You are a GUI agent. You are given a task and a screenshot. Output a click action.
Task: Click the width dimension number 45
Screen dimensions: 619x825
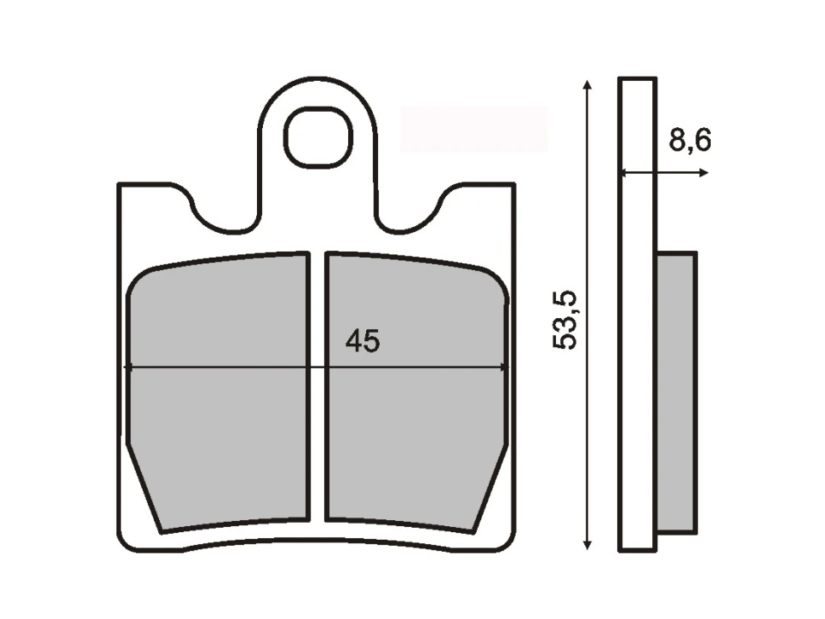[362, 341]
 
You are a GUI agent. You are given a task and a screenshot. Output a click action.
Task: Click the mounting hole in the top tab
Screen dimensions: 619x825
[319, 138]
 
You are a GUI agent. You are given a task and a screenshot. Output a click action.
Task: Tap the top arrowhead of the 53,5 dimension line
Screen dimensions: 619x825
[587, 84]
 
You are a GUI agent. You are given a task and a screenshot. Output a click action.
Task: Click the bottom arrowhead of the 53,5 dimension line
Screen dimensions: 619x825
[587, 543]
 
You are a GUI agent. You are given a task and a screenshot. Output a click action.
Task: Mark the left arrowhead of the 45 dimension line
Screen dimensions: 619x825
[129, 367]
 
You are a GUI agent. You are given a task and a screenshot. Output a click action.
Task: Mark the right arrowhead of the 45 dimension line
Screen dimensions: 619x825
[505, 367]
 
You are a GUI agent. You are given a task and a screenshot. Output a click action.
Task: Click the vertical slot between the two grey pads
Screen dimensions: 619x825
[317, 387]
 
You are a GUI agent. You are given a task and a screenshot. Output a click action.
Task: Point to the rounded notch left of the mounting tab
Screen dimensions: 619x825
[224, 215]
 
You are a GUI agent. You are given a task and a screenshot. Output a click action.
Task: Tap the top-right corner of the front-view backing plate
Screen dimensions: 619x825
[512, 186]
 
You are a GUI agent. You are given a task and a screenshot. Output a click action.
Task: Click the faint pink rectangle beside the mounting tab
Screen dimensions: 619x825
[474, 129]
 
